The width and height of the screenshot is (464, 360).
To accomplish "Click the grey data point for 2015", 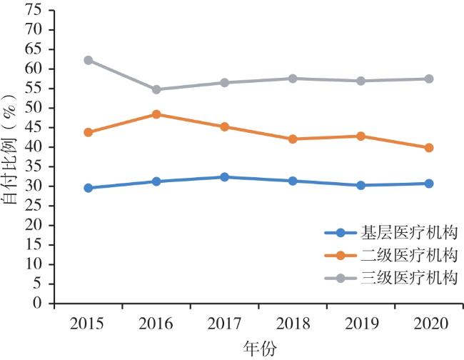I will (88, 60).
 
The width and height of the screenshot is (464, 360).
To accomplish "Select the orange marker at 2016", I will (156, 114).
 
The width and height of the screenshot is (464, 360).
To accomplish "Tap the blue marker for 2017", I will (224, 176).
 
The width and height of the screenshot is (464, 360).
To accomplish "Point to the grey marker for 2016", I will (156, 89).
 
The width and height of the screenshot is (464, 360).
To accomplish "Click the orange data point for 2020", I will (429, 148).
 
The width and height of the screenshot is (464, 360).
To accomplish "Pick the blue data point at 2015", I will (88, 188).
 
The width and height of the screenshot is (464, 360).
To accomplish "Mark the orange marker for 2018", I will (293, 139).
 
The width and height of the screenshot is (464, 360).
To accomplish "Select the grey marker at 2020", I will (429, 79).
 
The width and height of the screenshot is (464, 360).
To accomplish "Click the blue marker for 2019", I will (360, 185).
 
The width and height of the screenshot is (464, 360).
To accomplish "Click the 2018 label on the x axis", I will (293, 323).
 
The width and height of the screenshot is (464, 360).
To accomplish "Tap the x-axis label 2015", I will (88, 323).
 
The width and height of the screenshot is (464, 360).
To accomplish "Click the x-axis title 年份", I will (258, 347).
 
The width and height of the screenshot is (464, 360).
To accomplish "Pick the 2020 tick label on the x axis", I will (429, 323).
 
